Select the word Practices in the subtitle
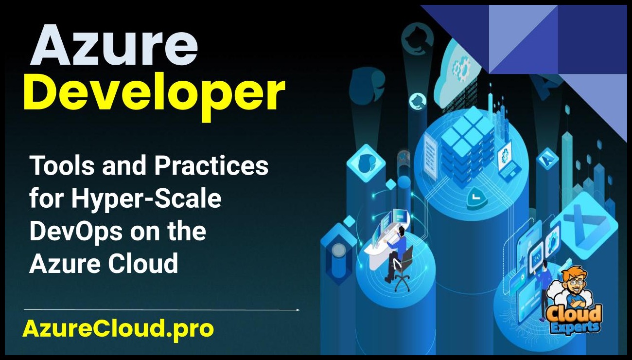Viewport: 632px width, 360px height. click(x=211, y=166)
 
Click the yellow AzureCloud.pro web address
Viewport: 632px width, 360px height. click(x=118, y=329)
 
